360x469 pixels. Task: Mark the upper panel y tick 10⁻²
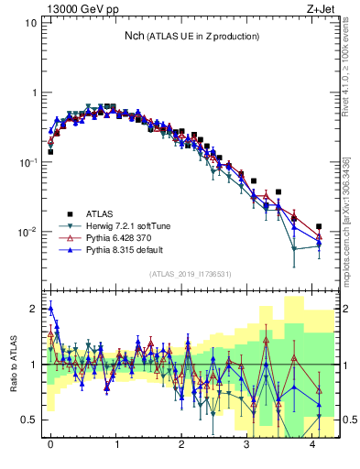click(28, 232)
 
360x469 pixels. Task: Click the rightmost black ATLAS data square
click(319, 226)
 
